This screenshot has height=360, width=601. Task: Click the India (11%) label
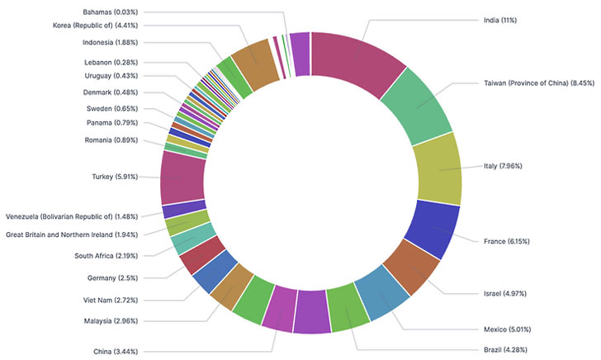point(499,19)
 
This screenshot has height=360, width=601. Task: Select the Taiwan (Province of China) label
point(536,83)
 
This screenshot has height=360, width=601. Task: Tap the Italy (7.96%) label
point(503,166)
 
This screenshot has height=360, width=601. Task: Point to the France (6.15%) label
point(505,241)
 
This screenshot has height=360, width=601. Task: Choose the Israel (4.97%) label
point(499,293)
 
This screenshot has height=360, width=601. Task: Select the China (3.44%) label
point(114,352)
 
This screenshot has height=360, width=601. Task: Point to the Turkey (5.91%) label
point(114,176)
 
